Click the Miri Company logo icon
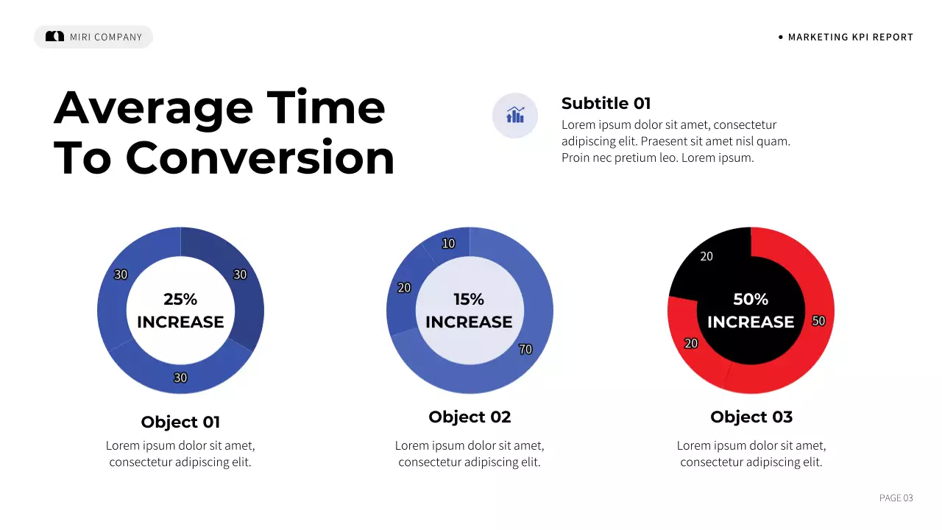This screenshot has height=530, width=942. click(54, 36)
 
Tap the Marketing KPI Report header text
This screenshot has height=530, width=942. click(850, 37)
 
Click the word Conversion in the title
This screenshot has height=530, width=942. click(261, 158)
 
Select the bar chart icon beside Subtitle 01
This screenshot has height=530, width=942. click(515, 116)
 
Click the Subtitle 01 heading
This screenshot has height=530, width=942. click(606, 103)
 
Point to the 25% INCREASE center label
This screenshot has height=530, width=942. click(180, 311)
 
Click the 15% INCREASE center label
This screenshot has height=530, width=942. click(469, 311)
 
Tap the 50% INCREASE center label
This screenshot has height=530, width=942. click(751, 311)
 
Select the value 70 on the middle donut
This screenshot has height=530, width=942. click(525, 350)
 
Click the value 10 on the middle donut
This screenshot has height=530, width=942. click(448, 244)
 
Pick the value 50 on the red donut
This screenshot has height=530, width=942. click(818, 321)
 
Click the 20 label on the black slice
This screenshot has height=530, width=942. click(706, 257)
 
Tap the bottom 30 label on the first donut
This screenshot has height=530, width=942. click(180, 378)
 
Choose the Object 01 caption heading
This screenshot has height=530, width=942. click(180, 422)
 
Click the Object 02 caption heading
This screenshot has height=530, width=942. click(470, 417)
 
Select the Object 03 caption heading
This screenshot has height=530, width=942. click(751, 417)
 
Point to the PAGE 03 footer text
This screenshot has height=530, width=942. click(896, 498)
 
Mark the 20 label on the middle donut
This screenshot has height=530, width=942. click(404, 288)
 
